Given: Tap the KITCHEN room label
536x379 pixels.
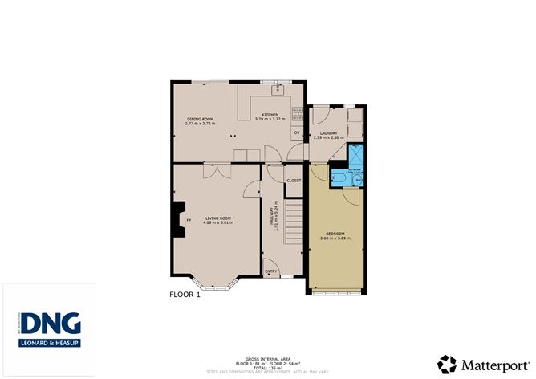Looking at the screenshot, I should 270,116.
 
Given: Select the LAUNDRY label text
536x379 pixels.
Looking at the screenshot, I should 327,133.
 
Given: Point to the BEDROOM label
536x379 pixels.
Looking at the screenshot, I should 331,234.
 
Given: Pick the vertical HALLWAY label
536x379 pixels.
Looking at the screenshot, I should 274,215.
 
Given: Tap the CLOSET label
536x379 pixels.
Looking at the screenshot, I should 294,181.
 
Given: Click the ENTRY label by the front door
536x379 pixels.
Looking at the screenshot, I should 271,271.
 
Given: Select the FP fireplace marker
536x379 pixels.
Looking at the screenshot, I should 189,219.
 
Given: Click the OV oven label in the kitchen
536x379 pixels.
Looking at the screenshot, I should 296,132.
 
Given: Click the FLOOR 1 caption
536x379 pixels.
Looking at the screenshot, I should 185,295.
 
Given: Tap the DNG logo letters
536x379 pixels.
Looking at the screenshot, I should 50,324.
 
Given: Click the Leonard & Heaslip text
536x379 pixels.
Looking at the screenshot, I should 50,343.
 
